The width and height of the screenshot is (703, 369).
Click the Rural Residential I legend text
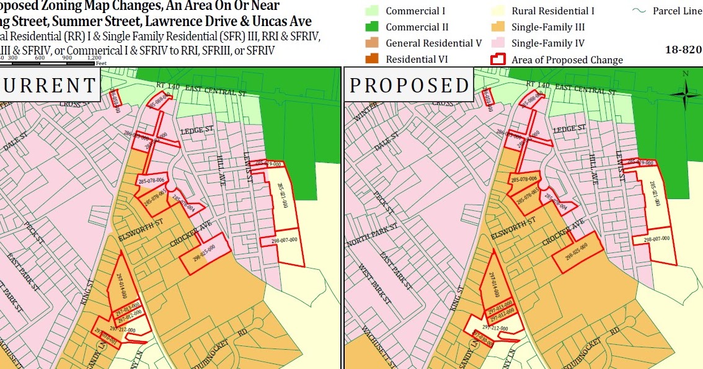click(x=553, y=11)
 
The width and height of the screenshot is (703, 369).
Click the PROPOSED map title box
click(x=409, y=85)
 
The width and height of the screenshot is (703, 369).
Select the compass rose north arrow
click(x=685, y=95)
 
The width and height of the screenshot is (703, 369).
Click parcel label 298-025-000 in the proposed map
click(x=576, y=254)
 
